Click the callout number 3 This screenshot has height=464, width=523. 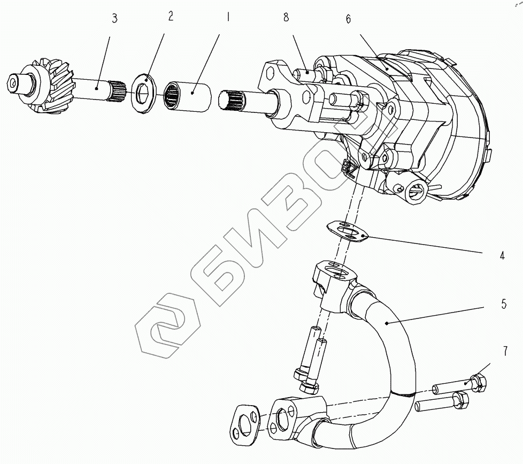point(114,19)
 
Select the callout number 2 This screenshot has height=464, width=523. point(171,16)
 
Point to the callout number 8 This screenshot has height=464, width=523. point(286,18)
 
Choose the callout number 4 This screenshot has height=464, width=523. point(502,256)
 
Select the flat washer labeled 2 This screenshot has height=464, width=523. point(143,95)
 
